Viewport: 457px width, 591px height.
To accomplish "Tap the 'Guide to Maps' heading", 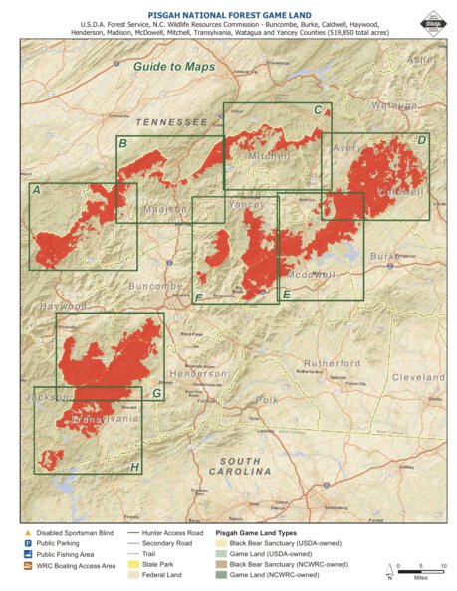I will tap(173, 66).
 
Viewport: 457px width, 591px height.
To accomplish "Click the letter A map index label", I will tap(37, 190).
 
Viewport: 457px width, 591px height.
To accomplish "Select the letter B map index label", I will tap(122, 145).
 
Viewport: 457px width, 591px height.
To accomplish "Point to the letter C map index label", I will tap(317, 110).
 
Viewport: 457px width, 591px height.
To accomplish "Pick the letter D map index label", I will tap(421, 140).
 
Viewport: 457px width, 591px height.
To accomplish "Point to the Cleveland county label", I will tap(417, 378).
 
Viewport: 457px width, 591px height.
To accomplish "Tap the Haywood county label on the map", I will tap(64, 307).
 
